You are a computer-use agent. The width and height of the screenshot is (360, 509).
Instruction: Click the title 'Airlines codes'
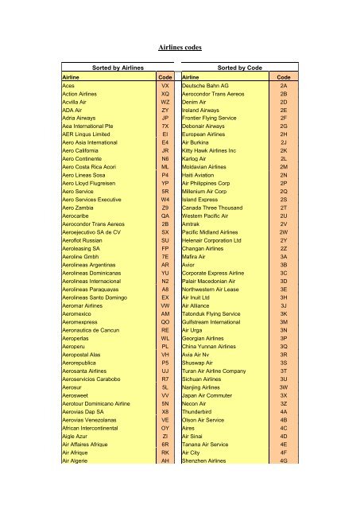[180, 47]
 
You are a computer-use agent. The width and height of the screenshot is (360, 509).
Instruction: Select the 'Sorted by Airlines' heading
[118, 68]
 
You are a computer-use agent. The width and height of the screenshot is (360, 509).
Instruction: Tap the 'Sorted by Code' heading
[240, 68]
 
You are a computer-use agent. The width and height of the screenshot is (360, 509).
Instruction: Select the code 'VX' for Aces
[165, 84]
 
